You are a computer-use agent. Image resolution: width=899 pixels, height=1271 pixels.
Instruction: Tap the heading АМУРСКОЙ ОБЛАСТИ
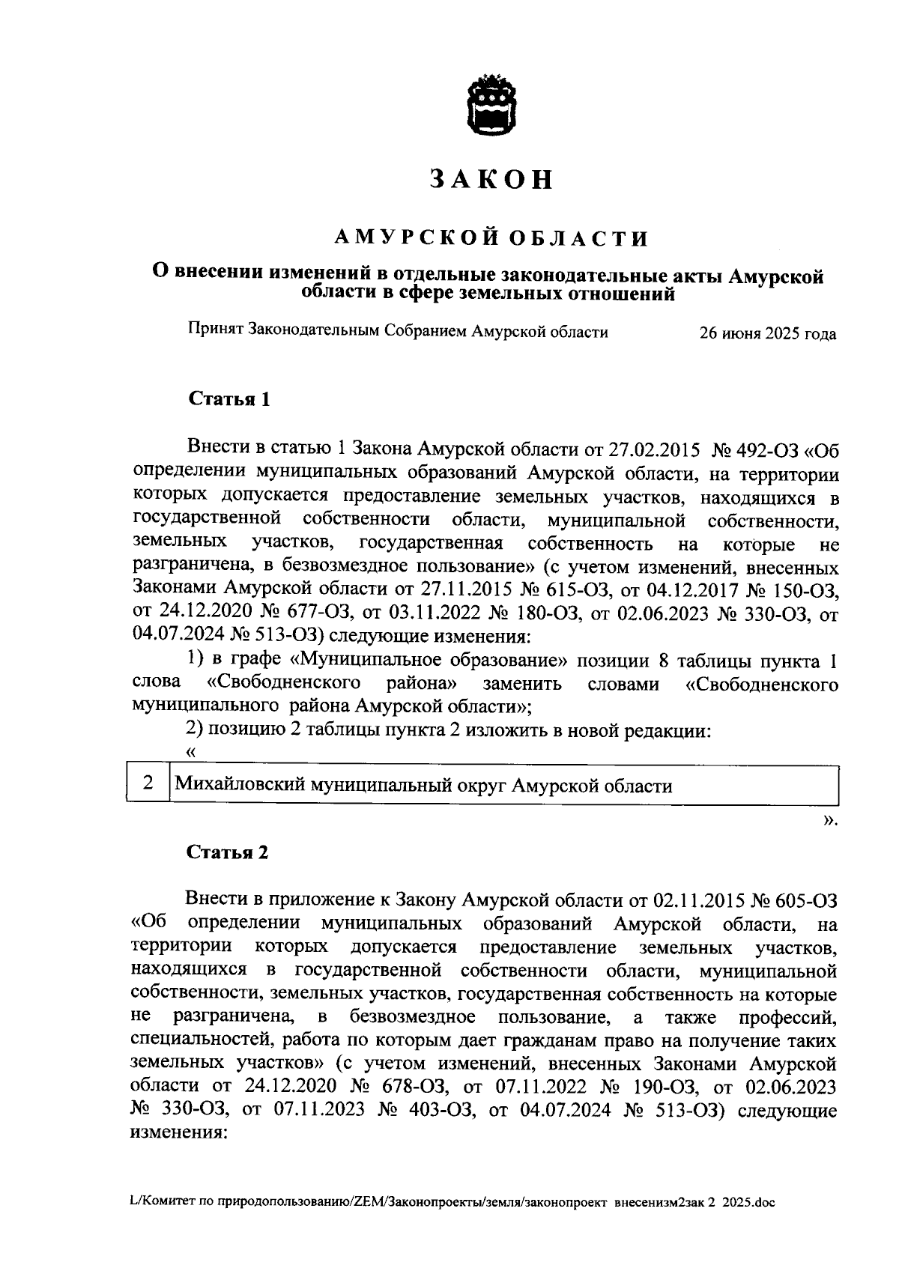point(491,239)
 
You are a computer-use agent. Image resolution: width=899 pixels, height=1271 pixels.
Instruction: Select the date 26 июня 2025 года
point(767,334)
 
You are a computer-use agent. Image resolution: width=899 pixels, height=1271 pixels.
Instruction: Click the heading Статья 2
point(227,852)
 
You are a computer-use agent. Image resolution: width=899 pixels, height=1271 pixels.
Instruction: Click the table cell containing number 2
point(148,784)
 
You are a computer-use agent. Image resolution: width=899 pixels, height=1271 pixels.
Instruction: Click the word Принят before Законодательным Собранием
point(215,330)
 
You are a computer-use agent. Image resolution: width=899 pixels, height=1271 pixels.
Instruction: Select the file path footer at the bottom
point(452,1203)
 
